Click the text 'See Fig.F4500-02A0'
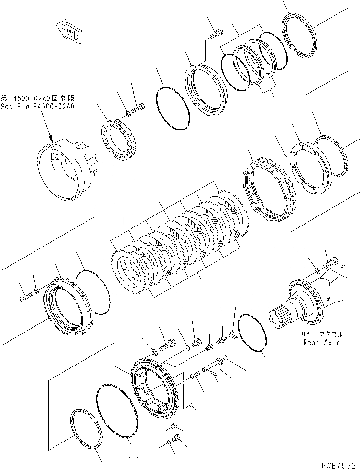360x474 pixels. [x=38, y=107]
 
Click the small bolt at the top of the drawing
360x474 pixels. [x=215, y=34]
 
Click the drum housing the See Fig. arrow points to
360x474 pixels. [x=67, y=167]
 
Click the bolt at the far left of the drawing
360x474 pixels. [x=25, y=300]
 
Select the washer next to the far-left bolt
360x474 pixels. [x=37, y=291]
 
